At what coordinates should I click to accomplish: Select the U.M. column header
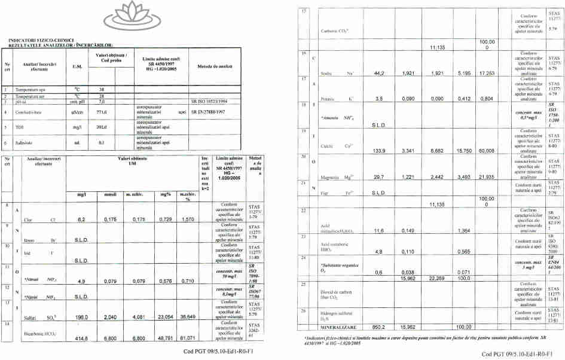tap(77, 66)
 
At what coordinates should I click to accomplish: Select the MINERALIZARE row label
tap(338, 327)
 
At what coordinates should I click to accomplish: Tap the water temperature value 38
tap(101, 88)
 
